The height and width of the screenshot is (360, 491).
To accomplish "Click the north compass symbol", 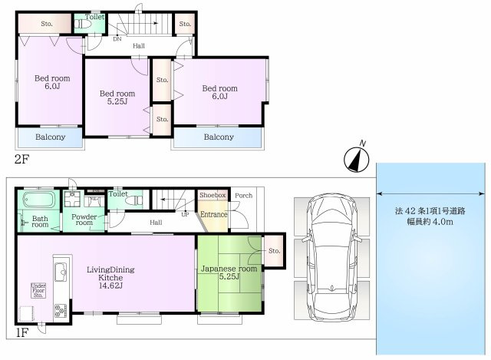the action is click(x=357, y=159).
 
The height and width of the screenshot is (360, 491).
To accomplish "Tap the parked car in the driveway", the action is click(x=332, y=256).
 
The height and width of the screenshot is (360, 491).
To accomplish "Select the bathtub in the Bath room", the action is click(x=39, y=200).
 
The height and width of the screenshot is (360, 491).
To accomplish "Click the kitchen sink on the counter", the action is click(x=61, y=273).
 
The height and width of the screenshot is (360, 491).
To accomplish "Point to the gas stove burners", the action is click(x=61, y=311).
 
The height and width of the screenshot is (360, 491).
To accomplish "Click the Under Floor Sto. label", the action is click(x=38, y=290).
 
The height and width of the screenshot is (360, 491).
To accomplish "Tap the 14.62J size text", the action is click(x=110, y=286).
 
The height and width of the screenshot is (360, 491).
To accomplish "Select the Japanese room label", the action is click(x=229, y=269).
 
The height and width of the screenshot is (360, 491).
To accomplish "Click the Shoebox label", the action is click(x=213, y=195).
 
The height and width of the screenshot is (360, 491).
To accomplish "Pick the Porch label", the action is click(x=244, y=196).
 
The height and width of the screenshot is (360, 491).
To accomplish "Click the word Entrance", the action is click(x=214, y=215).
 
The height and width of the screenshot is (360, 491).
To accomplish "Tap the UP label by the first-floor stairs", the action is click(x=185, y=215).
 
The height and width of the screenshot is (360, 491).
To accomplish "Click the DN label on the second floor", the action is click(x=117, y=39).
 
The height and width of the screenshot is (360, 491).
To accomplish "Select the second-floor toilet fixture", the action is click(x=82, y=24).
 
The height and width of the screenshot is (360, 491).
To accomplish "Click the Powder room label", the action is click(x=84, y=220).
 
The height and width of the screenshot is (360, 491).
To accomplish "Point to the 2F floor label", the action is click(x=22, y=160).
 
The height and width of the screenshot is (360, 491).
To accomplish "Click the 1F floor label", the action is click(x=22, y=333).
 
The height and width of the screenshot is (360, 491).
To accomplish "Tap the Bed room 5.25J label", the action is click(x=117, y=97).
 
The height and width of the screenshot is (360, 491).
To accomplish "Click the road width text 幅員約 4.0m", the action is click(x=430, y=222).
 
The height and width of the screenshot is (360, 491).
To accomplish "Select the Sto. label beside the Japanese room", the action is click(x=275, y=251).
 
